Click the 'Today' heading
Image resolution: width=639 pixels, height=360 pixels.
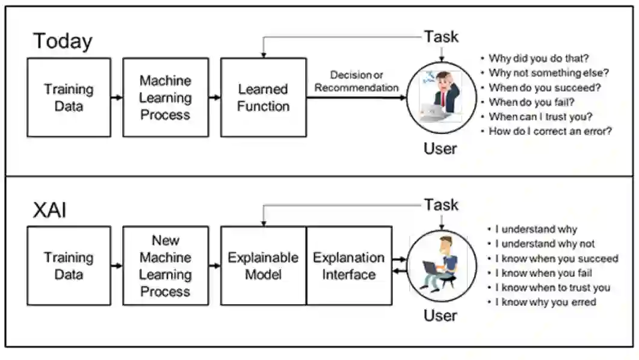pyautogui.click(x=63, y=41)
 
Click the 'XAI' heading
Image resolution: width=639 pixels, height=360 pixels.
pyautogui.click(x=49, y=210)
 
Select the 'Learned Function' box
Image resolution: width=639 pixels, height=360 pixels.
pyautogui.click(x=264, y=98)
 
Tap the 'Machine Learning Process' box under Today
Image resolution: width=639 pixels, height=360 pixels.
pyautogui.click(x=165, y=98)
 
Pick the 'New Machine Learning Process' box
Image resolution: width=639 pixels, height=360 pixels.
pyautogui.click(x=165, y=266)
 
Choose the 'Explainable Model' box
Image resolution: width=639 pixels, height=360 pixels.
pyautogui.click(x=264, y=266)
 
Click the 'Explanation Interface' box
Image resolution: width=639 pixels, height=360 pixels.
pyautogui.click(x=349, y=266)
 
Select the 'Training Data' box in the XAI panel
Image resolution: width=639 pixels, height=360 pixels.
pyautogui.click(x=69, y=266)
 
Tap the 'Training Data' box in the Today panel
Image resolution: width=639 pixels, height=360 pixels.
pyautogui.click(x=69, y=98)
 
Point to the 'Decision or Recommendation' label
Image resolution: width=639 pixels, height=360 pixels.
pyautogui.click(x=356, y=81)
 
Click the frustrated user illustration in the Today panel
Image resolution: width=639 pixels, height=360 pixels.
pyautogui.click(x=442, y=98)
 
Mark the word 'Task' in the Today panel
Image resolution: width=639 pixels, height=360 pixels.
pyautogui.click(x=442, y=37)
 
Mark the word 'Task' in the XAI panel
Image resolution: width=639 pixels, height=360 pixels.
pyautogui.click(x=442, y=205)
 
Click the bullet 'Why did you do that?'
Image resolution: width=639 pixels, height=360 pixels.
pyautogui.click(x=539, y=58)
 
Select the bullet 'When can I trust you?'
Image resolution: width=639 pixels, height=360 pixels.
pyautogui.click(x=540, y=117)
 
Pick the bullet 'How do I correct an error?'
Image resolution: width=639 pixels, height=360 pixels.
pyautogui.click(x=550, y=131)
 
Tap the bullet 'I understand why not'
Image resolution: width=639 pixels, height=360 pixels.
pyautogui.click(x=545, y=244)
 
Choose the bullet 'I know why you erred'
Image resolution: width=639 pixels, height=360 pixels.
pyautogui.click(x=546, y=302)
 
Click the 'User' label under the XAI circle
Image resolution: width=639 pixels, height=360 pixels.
pyautogui.click(x=440, y=315)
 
